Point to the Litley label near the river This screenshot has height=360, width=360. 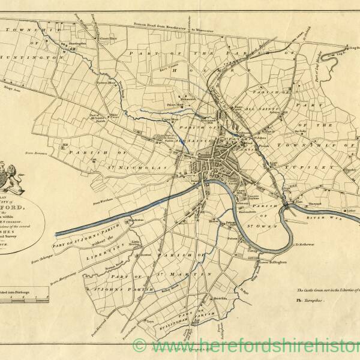[351, 211]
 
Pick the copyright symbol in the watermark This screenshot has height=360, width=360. [140, 346]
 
